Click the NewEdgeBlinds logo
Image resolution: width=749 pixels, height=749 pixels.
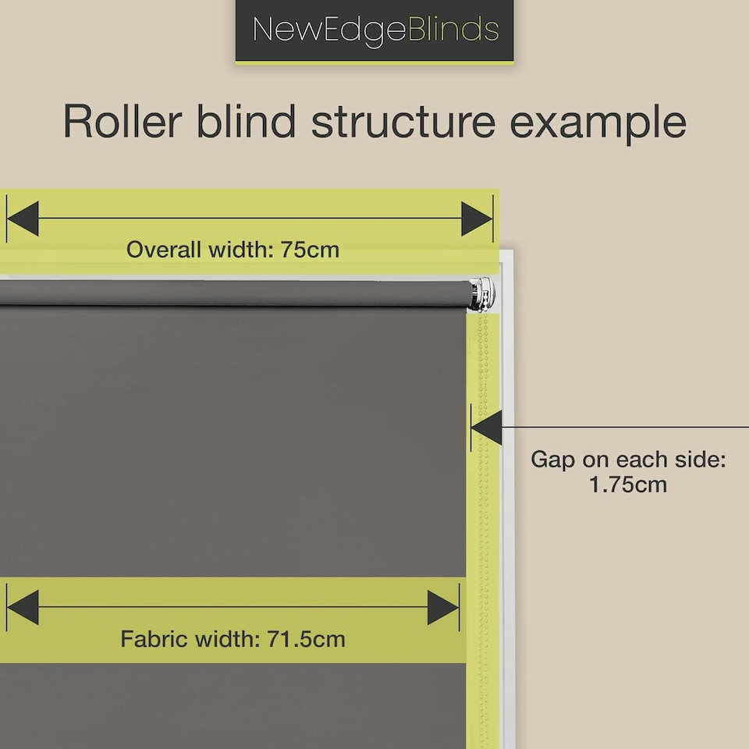click(375, 30)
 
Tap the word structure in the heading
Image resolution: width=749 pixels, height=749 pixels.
click(403, 122)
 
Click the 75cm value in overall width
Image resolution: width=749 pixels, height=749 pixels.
click(311, 250)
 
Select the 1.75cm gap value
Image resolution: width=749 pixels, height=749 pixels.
click(629, 485)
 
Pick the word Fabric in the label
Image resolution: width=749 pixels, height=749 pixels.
click(148, 639)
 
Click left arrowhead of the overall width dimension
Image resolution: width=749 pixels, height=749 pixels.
click(23, 218)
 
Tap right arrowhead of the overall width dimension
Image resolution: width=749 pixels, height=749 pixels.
click(477, 218)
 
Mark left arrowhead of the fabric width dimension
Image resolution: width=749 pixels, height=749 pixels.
click(23, 608)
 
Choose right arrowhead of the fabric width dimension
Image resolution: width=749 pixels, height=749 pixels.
click(442, 608)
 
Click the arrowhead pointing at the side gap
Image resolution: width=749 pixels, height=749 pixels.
click(486, 428)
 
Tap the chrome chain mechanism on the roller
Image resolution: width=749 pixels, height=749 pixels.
click(484, 294)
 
